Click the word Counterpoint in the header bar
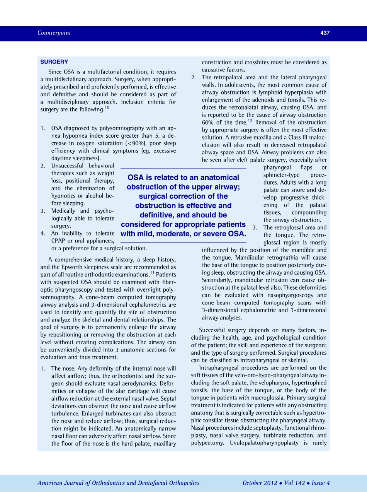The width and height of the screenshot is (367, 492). point(54,33)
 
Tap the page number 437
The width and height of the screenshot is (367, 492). point(325,33)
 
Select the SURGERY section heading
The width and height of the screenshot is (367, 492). point(54,62)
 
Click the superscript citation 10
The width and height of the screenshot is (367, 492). point(107,108)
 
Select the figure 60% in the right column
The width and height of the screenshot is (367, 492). point(208,122)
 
